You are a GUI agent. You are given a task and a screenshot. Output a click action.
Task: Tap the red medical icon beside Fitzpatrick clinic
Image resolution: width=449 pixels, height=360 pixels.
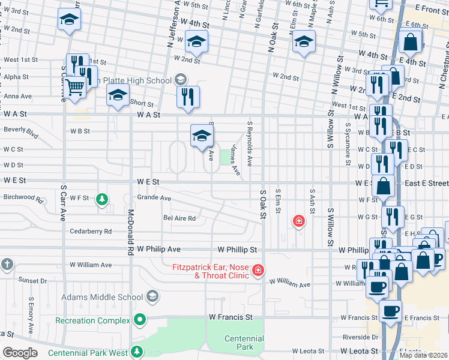258,271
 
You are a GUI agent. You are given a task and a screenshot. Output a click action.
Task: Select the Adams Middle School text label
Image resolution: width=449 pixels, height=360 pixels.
107,296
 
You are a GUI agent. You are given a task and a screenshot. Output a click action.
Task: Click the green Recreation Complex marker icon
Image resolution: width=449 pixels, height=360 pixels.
140,320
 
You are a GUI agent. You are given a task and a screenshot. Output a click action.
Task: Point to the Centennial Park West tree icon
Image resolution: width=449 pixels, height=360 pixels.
137,352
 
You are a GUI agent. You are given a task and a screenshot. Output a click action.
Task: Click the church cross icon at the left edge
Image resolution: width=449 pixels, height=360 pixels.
6,265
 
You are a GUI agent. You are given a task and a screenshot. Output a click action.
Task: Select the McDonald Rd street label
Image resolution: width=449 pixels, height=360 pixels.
130,233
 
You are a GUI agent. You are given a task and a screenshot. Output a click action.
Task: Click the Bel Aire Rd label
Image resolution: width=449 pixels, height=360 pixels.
179,218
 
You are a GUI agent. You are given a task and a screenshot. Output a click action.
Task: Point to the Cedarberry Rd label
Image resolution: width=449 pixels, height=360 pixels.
91,231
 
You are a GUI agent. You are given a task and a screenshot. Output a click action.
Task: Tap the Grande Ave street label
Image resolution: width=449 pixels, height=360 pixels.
154,197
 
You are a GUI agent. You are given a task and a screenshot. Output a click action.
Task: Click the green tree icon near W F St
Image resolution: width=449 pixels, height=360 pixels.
102,199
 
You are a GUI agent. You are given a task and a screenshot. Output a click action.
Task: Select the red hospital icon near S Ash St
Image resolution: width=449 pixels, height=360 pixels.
298,221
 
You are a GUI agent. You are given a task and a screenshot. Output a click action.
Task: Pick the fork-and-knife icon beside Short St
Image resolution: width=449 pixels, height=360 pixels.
188,96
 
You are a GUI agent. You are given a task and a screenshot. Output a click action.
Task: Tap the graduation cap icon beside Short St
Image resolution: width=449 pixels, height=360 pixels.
118,94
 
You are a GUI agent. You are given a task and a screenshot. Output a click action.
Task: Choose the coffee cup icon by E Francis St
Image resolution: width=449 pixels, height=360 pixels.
390,311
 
